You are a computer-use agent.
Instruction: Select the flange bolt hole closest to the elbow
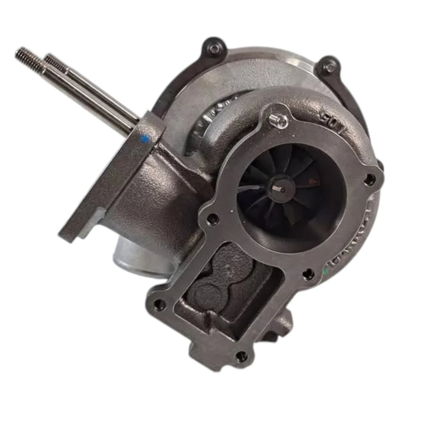(x=210, y=219)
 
